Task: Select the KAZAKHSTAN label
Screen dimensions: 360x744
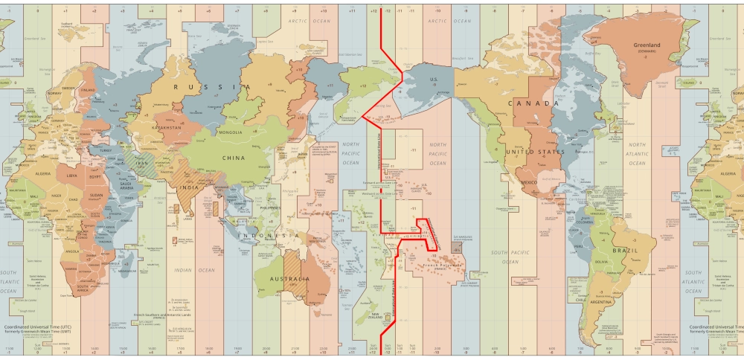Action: pyautogui.click(x=167, y=127)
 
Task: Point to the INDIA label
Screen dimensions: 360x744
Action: pyautogui.click(x=188, y=187)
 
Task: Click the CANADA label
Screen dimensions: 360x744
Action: pyautogui.click(x=533, y=103)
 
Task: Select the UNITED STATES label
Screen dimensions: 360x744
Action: pyautogui.click(x=536, y=152)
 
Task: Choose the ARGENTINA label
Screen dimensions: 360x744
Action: pyautogui.click(x=603, y=303)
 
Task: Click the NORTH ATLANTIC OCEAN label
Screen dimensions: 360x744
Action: pyautogui.click(x=638, y=153)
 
